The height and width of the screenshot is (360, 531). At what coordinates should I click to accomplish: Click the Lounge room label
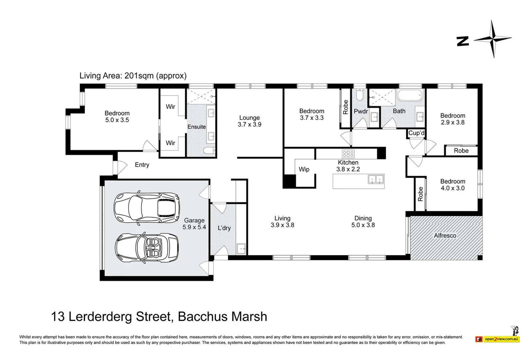[x=249, y=118]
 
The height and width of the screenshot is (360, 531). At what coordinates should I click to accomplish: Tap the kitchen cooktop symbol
[x=348, y=154]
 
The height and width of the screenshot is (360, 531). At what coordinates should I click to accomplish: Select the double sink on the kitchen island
[x=376, y=180]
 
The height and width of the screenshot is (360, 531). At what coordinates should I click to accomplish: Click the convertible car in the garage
[x=147, y=248]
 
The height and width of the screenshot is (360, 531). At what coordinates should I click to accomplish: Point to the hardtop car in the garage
[x=147, y=207]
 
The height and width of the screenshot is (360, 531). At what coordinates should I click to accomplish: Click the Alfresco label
[x=445, y=235]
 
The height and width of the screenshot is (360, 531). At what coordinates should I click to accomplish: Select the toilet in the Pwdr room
[x=359, y=95]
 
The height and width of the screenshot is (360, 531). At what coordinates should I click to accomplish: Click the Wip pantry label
[x=304, y=169]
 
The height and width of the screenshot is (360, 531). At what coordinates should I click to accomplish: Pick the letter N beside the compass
[x=463, y=41]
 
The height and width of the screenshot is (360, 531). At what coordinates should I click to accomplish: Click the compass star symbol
[x=492, y=39]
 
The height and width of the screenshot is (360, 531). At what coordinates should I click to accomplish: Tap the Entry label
[x=142, y=165]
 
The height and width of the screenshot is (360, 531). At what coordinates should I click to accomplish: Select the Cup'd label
[x=416, y=133]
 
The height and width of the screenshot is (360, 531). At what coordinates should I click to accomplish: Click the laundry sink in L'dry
[x=241, y=249]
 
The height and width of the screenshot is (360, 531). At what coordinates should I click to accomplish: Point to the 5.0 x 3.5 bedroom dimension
[x=117, y=120]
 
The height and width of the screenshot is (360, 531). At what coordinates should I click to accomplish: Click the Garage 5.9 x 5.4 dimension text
[x=194, y=227]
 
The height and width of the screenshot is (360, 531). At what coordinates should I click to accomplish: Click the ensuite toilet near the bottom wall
[x=209, y=151]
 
